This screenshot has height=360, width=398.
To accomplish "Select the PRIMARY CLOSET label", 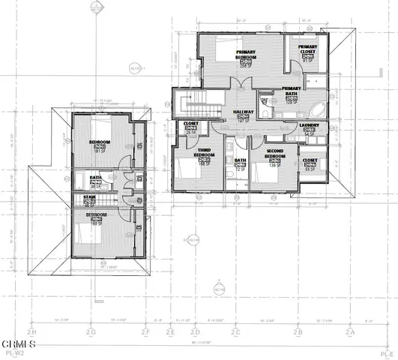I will tap(307, 50).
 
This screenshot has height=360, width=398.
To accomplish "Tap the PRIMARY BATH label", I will tap(291, 91).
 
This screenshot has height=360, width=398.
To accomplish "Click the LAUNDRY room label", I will tap(308, 127).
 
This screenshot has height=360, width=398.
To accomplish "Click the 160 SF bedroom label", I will tap(96, 217).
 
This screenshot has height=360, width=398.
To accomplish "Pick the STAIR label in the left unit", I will tap(89, 199).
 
